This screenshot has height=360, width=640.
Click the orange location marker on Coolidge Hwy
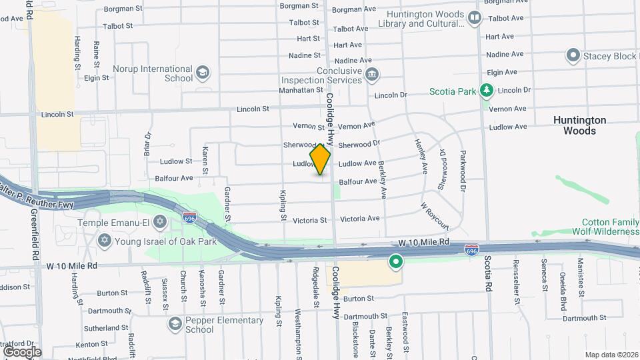pos(320,159)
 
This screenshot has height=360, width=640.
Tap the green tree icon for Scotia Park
pos(487,91)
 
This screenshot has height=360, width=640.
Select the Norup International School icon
pos(203,73)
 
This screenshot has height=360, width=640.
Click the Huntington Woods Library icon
pos(475,18)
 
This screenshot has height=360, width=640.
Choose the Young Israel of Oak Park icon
pos(105,240)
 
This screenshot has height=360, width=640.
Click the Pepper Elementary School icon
pos(175,324)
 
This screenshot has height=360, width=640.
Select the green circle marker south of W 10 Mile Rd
pos(396,262)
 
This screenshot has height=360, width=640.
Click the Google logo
pos(22,351)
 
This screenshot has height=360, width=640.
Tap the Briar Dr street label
pos(148,144)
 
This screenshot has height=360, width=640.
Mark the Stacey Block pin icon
pos(573,55)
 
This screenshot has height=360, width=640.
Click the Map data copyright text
pos(611,355)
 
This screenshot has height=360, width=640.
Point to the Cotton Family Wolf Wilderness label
pos(609,227)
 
